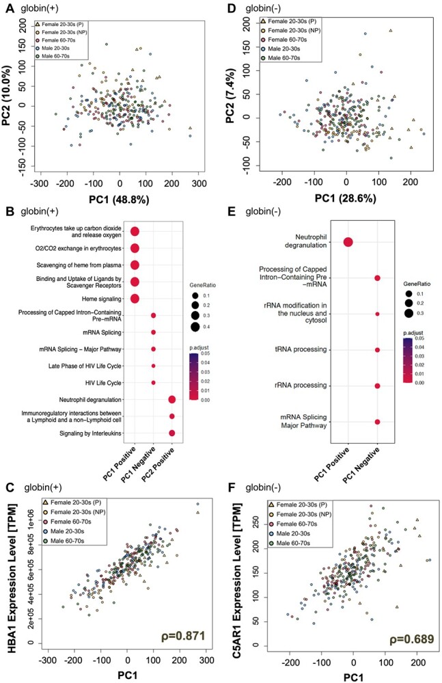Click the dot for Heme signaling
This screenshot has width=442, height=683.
pos(135,298)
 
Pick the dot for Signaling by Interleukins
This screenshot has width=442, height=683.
pos(172,433)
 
